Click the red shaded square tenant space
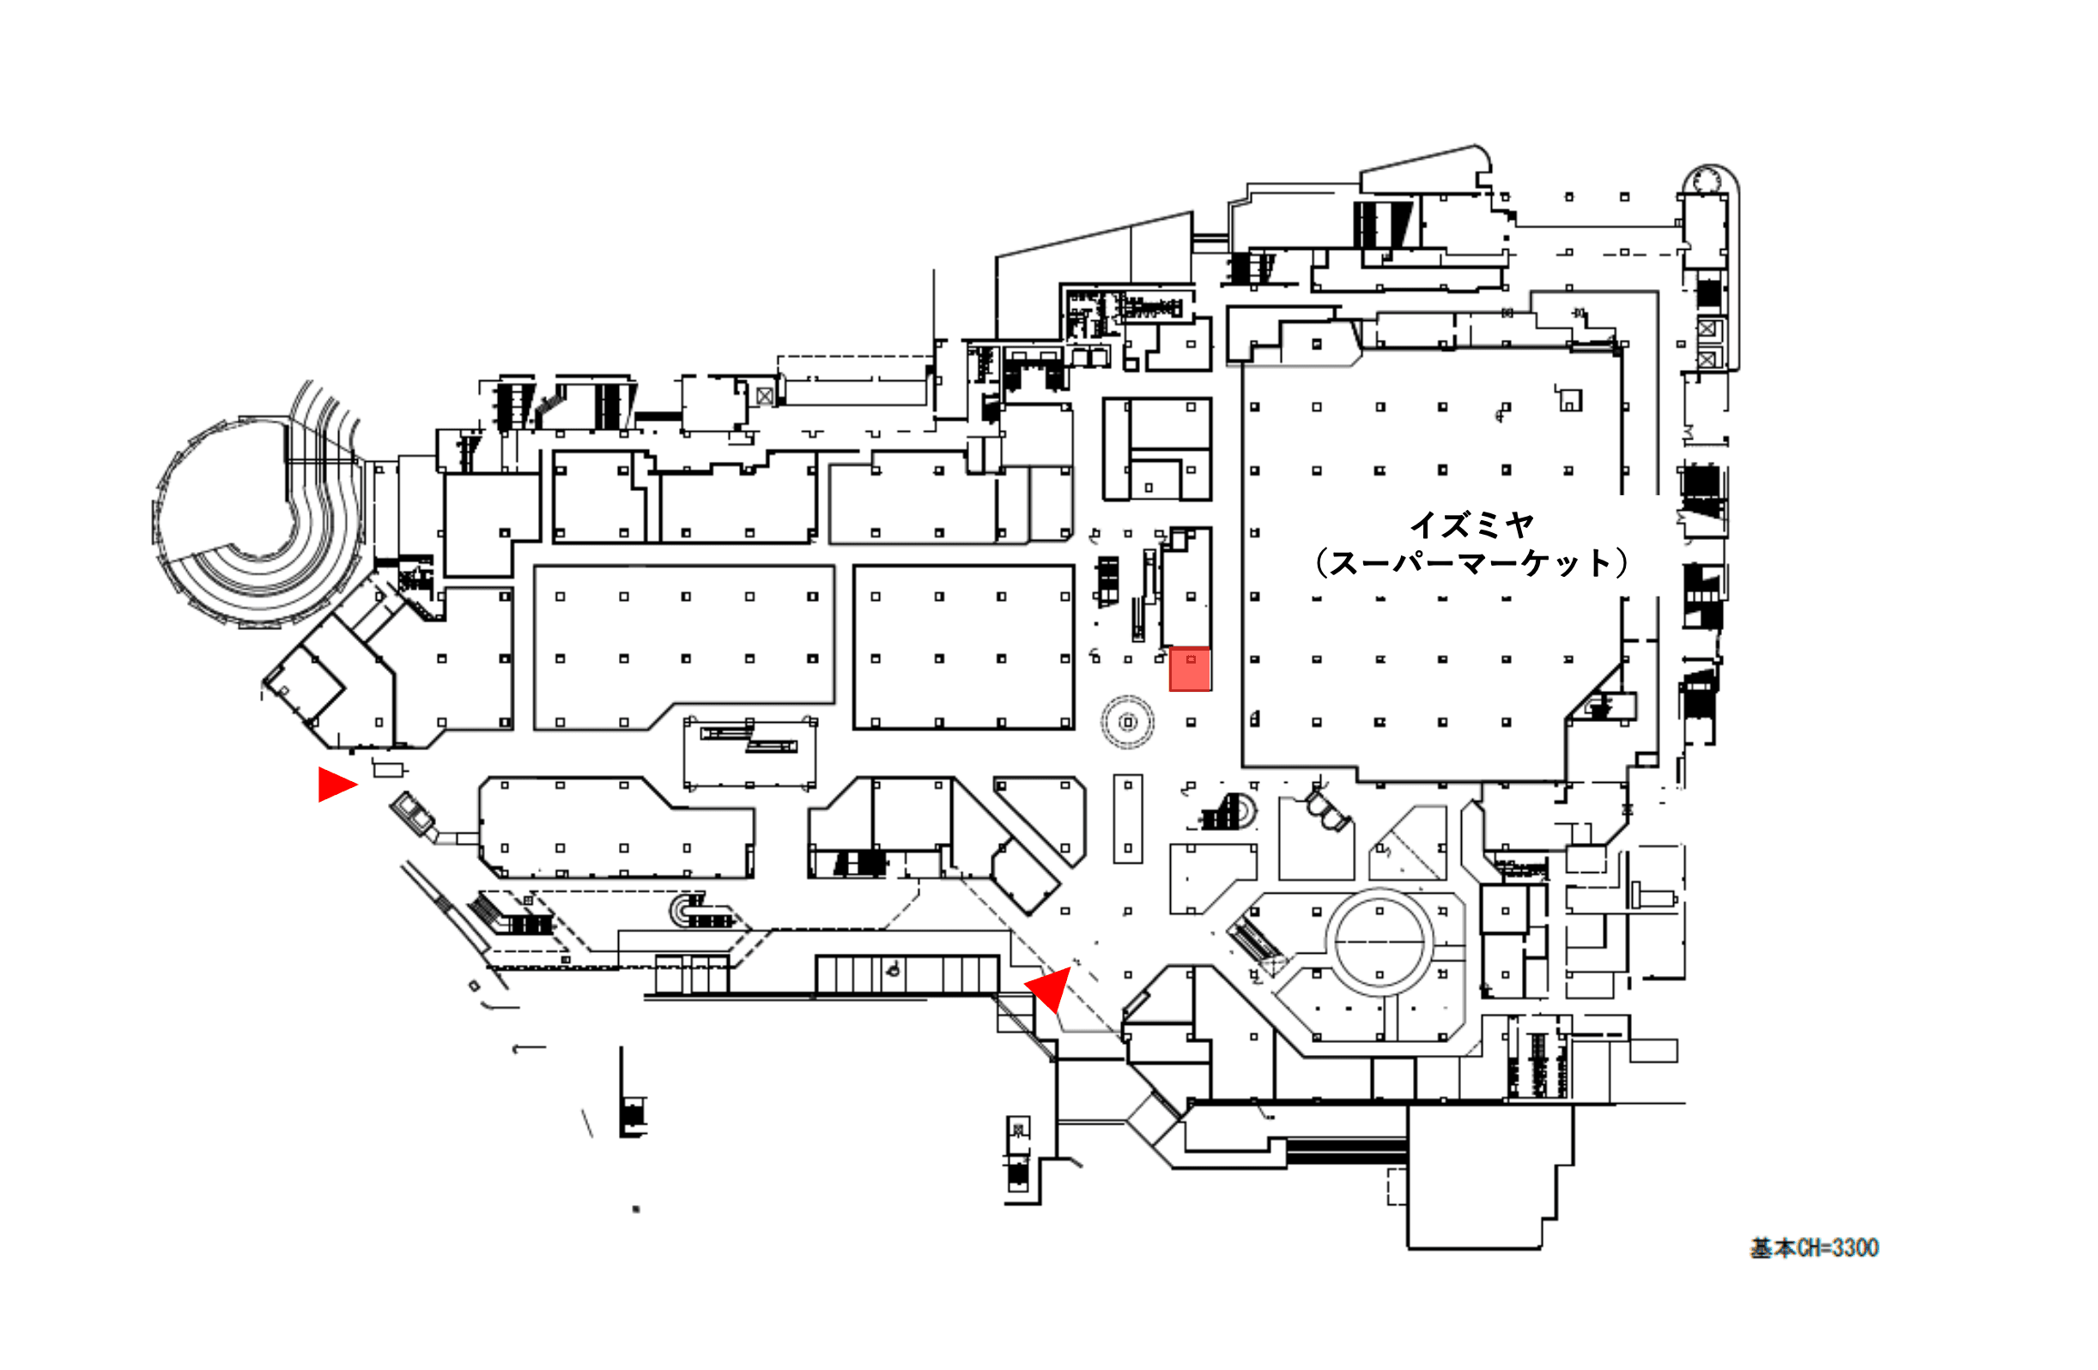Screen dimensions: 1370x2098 click(1189, 670)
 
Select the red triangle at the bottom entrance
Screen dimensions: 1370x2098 click(1050, 987)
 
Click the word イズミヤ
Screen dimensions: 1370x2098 click(1471, 525)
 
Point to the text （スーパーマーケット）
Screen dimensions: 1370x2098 click(1470, 563)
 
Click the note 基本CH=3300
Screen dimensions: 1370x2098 click(1814, 1247)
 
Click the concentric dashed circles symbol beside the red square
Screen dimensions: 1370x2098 click(1127, 722)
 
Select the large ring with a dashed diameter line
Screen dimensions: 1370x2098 click(1379, 943)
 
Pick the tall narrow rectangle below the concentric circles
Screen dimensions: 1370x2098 click(1127, 818)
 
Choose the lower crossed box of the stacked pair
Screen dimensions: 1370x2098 click(1707, 360)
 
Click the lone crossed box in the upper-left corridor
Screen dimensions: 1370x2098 click(764, 397)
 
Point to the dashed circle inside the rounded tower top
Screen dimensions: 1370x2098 click(1707, 181)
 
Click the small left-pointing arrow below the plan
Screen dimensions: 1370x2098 click(528, 1048)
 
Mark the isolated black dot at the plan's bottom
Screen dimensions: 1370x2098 click(635, 1209)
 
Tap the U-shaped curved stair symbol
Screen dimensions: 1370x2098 click(684, 911)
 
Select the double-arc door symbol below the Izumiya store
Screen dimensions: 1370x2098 click(1327, 810)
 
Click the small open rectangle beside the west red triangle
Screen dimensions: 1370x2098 click(388, 770)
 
